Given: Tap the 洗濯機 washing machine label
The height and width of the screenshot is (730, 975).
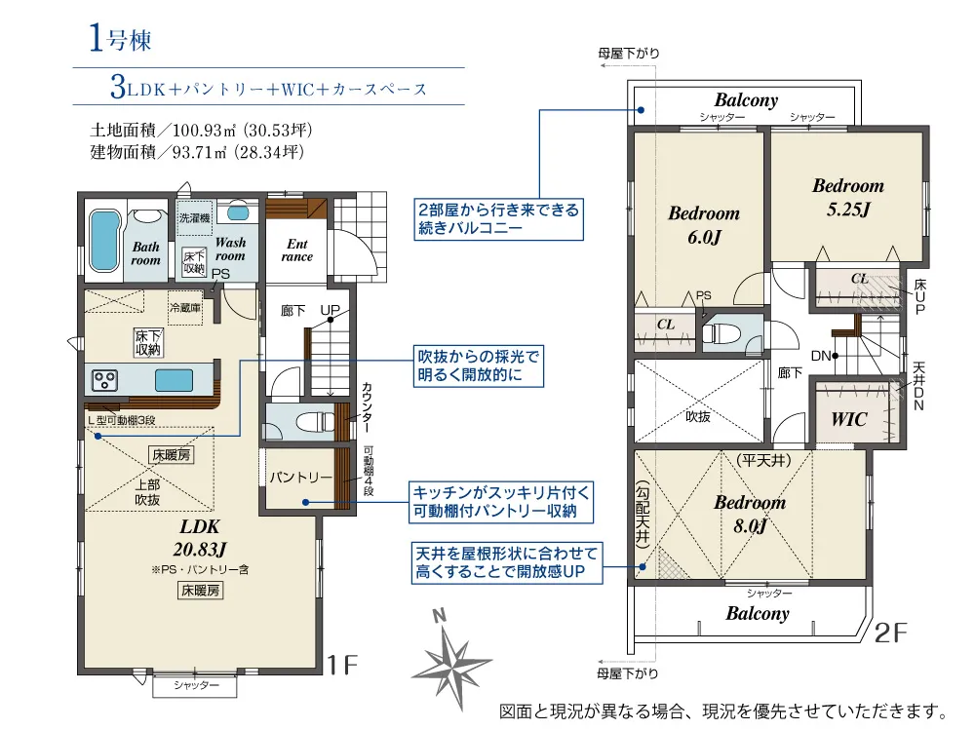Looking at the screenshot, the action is click(x=195, y=217).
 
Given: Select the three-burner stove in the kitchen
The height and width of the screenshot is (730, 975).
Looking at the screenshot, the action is click(x=104, y=380).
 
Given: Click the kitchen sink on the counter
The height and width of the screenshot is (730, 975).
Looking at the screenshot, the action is click(x=174, y=380).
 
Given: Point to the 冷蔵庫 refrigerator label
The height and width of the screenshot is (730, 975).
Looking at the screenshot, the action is click(x=185, y=307).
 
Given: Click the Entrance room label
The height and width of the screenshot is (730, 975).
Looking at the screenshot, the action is click(x=297, y=250).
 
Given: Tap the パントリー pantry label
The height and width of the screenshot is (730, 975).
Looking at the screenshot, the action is click(x=301, y=478).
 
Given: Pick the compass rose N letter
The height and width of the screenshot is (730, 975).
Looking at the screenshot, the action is click(x=440, y=616).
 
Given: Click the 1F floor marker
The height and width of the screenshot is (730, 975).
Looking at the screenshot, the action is click(x=342, y=666).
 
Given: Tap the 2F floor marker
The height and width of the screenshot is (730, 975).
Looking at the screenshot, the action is click(x=890, y=633).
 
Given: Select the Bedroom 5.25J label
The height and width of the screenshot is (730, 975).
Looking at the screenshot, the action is click(x=848, y=197).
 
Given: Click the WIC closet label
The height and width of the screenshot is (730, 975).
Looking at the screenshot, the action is click(x=849, y=420).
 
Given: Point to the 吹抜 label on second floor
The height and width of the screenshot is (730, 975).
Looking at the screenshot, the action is click(x=698, y=416).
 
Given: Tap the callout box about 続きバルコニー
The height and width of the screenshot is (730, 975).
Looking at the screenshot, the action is click(x=498, y=219).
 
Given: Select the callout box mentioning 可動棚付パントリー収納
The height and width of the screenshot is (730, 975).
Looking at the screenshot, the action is click(x=500, y=502).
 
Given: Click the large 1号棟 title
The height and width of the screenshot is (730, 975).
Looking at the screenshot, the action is click(x=120, y=39).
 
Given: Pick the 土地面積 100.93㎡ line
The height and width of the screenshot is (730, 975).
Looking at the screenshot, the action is click(x=201, y=130).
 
